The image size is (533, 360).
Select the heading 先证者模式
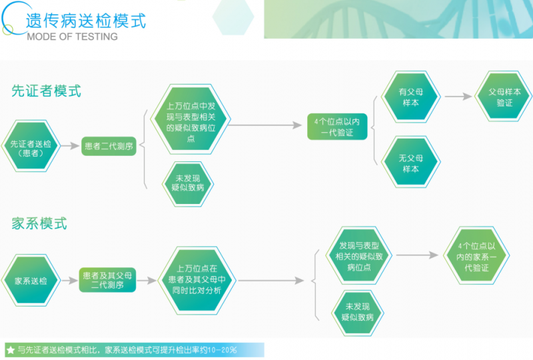[x=46, y=91]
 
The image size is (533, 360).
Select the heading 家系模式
[x=39, y=223]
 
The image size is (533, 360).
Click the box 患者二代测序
[x=109, y=147]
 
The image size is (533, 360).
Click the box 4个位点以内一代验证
[x=337, y=127]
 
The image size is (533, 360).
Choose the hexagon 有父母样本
[x=410, y=98]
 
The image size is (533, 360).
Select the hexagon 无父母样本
[x=410, y=163]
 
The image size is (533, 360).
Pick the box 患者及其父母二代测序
[x=107, y=280]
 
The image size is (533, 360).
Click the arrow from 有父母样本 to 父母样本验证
[x=458, y=97]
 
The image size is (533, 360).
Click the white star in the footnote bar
[x=10, y=349]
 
